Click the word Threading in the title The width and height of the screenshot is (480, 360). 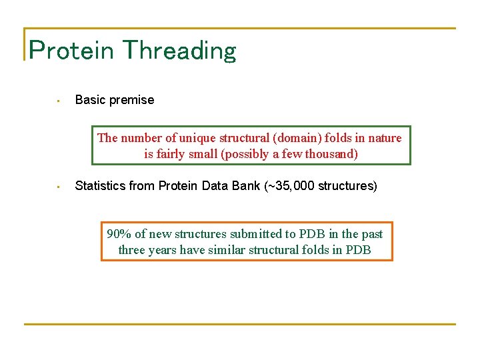[x=179, y=51]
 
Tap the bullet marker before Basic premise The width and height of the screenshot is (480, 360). [x=59, y=101]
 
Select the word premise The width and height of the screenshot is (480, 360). [x=131, y=100]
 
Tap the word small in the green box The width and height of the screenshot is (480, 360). [x=206, y=154]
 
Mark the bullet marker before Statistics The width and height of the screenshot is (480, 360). [x=59, y=187]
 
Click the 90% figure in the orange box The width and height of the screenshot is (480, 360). [x=119, y=233]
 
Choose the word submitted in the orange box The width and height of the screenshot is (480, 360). [x=256, y=233]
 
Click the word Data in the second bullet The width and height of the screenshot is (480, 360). [x=224, y=186]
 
